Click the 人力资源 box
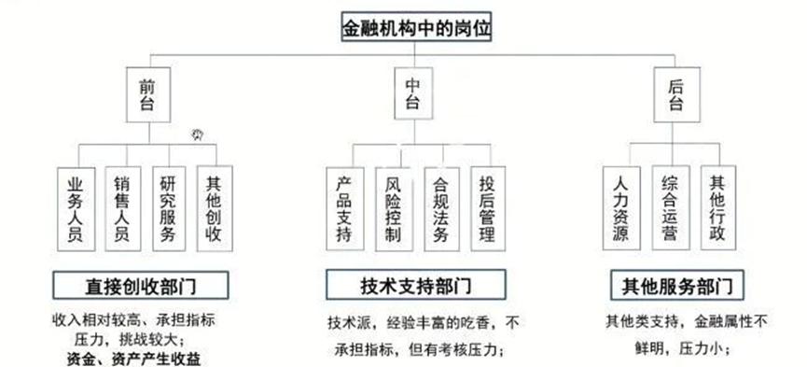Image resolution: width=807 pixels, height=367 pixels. click(x=621, y=207)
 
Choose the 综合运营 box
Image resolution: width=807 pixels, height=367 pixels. click(x=670, y=207)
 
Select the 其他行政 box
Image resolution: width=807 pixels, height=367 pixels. click(x=718, y=207)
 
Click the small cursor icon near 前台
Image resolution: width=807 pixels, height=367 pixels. click(x=198, y=134)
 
